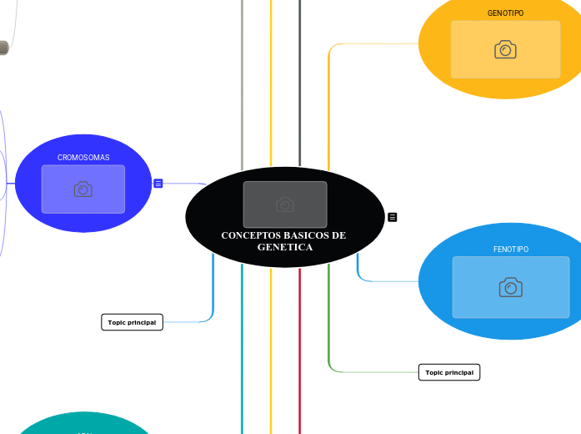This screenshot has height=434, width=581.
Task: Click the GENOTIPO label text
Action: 505,13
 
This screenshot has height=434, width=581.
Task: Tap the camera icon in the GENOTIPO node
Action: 505,50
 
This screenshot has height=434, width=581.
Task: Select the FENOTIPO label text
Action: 510,250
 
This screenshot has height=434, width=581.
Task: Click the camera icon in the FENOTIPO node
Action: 510,288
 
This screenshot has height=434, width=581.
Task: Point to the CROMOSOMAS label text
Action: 83,157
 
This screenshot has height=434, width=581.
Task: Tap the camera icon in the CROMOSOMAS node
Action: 83,189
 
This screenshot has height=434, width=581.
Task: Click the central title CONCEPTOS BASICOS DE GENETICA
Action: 283,241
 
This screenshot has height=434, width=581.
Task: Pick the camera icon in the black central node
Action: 284,204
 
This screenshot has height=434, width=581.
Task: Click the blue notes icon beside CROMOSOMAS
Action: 158,183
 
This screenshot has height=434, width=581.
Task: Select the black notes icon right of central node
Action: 393,217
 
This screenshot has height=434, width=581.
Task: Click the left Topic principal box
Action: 132,322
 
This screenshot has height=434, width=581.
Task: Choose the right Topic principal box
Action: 449,372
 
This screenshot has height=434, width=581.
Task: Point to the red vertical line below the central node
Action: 299,351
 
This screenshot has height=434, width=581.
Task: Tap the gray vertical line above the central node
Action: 242,83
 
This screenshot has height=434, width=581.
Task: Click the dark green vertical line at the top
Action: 299,83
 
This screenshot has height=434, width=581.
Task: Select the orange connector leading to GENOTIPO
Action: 330,100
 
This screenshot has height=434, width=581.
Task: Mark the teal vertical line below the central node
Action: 242,351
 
